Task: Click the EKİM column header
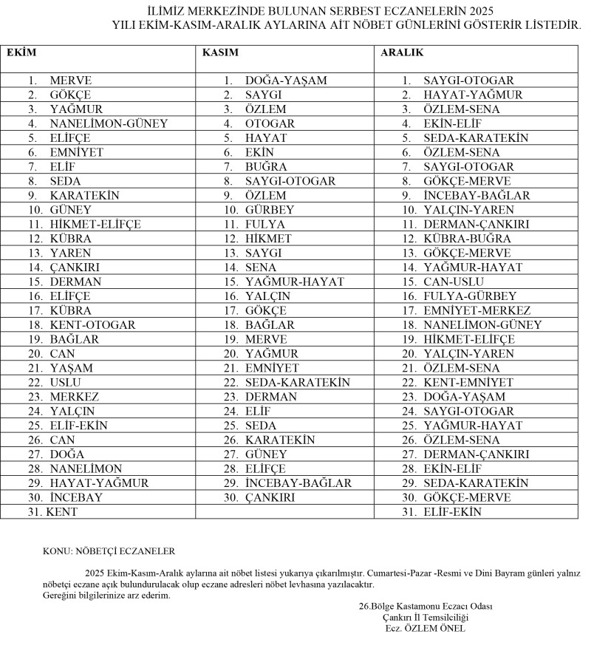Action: (21, 53)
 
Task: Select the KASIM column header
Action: (220, 53)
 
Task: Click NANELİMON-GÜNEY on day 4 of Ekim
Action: (109, 123)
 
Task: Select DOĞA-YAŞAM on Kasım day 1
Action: (286, 81)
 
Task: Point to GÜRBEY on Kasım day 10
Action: (270, 210)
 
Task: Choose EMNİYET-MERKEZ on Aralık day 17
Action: (477, 310)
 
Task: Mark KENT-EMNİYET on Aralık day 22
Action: (468, 383)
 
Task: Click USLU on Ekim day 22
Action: (61, 383)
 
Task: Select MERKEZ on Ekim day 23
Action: (75, 397)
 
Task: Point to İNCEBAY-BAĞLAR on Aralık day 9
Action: (477, 195)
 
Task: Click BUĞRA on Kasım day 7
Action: (266, 167)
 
